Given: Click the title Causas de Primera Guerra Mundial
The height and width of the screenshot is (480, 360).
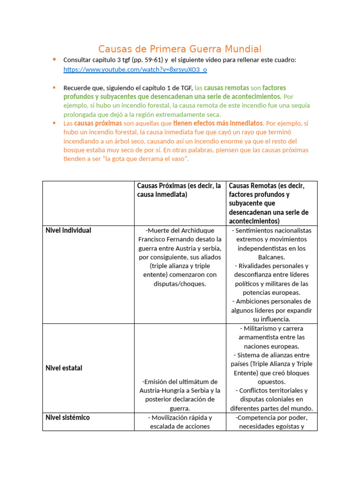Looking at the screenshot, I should coord(180,49).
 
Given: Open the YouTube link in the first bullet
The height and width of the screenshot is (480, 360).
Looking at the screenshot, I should coord(135,69).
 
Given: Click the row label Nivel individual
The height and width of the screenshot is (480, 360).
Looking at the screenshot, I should coord(68,231).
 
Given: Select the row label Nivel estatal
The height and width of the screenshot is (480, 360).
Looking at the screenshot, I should coord(64,368).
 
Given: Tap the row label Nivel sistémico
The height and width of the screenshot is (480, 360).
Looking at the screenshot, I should coord(67,417).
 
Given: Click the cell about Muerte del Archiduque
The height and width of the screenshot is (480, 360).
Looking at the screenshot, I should coord(180,257).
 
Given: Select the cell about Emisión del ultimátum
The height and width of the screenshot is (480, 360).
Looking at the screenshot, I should coord(180,395).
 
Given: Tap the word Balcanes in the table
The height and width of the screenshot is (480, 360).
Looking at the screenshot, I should coord(271,257).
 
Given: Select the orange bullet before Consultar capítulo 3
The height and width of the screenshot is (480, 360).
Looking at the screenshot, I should coord(54,60).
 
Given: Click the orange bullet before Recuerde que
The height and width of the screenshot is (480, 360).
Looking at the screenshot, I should coord(54,88).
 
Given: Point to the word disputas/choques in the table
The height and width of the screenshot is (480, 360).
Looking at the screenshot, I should coord(180,284).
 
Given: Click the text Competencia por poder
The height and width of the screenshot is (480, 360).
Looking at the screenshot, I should coord(272,417).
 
